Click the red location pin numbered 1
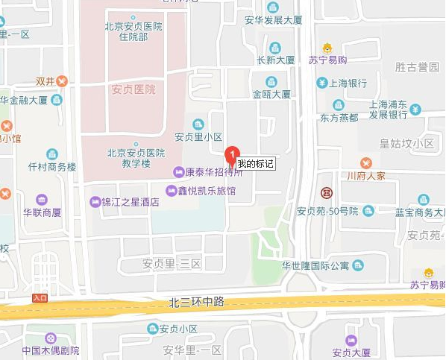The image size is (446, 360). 232,154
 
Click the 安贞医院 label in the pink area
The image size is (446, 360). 134,89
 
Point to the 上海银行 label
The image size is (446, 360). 348,83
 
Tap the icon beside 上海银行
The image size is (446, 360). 321,83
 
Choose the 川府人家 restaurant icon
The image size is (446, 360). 365,162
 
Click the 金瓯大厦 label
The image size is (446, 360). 271,95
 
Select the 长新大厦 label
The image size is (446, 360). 275,60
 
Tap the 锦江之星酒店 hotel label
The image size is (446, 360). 130,202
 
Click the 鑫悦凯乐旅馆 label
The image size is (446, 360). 207,192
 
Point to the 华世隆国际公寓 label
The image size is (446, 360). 315,265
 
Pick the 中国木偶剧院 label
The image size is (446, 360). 50,350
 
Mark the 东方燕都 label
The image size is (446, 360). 339,118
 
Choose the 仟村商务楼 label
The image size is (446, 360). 51,167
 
